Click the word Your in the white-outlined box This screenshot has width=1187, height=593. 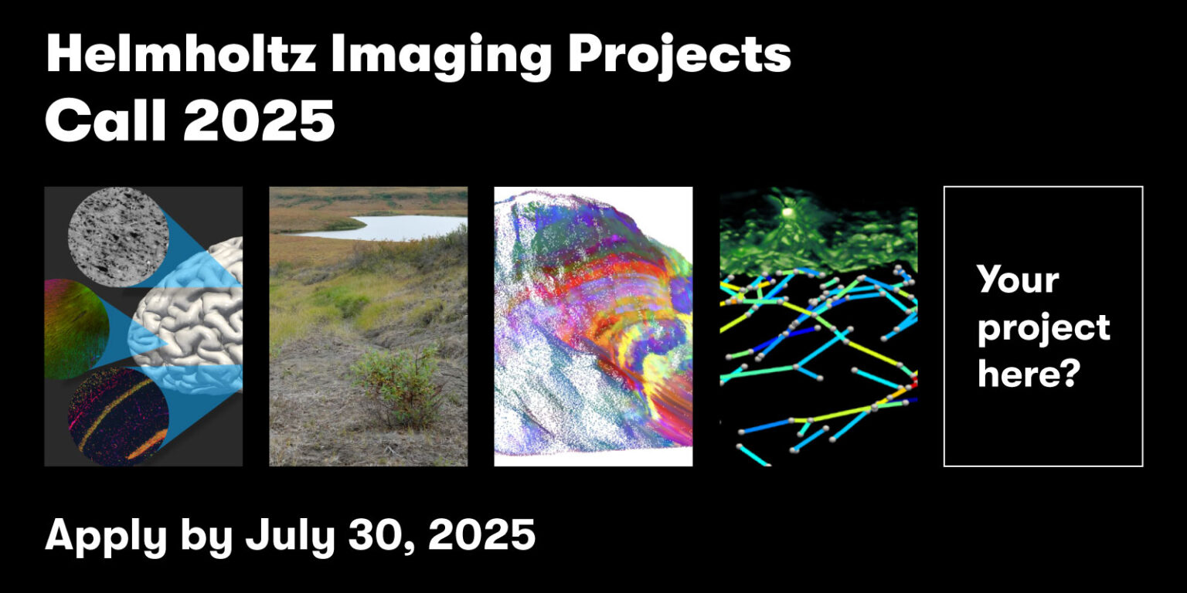1018,279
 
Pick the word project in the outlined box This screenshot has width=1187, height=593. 1043,328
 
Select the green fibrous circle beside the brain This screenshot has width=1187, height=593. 76,329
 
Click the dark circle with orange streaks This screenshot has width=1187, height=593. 117,416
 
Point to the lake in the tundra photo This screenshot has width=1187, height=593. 386,227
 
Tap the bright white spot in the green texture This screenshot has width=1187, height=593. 787,210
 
